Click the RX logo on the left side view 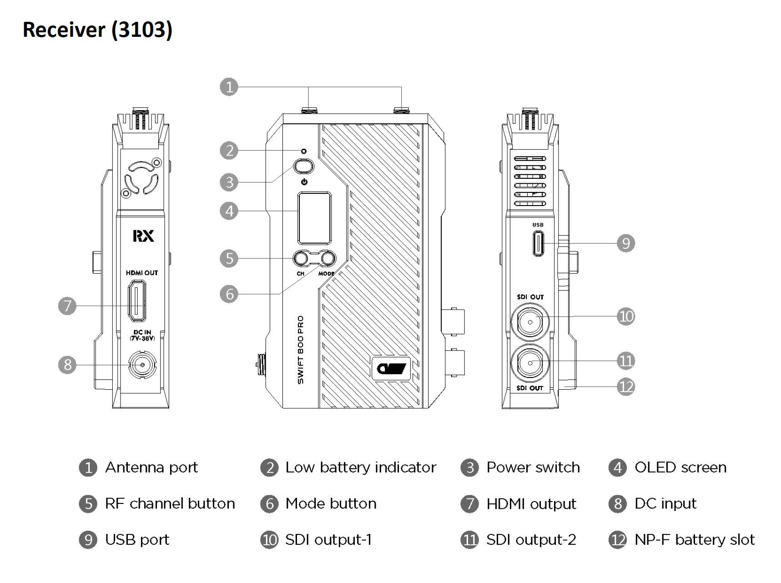[x=143, y=236]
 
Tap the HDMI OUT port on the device [x=137, y=300]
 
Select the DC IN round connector [x=142, y=365]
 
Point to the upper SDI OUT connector [x=530, y=322]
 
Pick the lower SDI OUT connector [x=530, y=363]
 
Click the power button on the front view [x=304, y=166]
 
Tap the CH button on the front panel [x=301, y=259]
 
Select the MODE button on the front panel [x=327, y=259]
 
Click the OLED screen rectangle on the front [x=314, y=218]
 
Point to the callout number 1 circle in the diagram [x=229, y=86]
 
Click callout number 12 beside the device [x=626, y=387]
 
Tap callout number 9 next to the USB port [x=626, y=243]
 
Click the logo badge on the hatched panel [x=391, y=368]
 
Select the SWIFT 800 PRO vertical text [x=301, y=350]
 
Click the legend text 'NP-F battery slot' [x=694, y=540]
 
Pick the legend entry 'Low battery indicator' [x=360, y=467]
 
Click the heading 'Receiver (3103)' [x=98, y=30]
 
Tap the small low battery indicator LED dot [x=304, y=151]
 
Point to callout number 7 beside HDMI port [x=67, y=306]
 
